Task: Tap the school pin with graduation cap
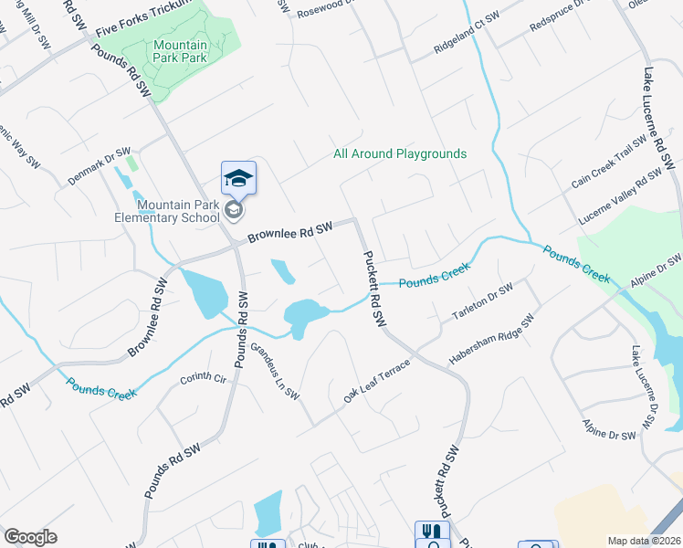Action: click(x=238, y=177)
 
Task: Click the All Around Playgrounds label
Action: click(x=400, y=154)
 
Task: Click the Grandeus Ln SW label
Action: click(x=275, y=371)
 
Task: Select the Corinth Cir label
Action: click(x=202, y=378)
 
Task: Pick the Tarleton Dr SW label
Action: click(x=483, y=301)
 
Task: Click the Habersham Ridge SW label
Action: click(x=490, y=342)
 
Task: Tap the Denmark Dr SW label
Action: click(x=100, y=164)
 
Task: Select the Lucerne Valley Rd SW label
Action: click(x=620, y=197)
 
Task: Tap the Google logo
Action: click(x=30, y=537)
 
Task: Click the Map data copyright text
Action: click(x=645, y=541)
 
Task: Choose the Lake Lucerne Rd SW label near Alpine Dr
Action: click(x=642, y=388)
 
